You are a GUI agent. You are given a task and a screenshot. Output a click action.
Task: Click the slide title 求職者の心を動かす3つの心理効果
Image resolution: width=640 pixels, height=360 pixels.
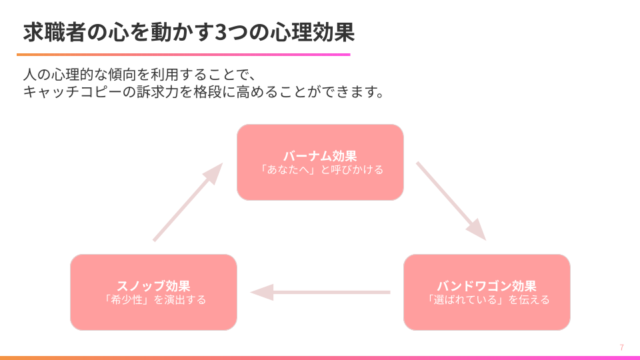point(189,32)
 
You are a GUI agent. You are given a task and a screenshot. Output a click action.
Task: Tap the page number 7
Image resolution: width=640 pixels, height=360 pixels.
point(621,347)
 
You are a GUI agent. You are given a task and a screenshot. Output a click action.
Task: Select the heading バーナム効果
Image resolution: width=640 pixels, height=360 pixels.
point(320,156)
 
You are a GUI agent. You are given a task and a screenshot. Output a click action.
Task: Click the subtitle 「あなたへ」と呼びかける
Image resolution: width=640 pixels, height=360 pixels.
point(320,170)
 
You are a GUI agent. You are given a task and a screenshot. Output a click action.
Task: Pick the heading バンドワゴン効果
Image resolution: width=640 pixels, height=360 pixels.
point(487,286)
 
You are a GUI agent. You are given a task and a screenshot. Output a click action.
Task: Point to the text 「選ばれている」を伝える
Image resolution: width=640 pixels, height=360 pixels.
point(487,300)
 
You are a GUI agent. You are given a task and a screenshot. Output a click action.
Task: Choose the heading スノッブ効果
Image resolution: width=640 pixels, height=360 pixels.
point(153,286)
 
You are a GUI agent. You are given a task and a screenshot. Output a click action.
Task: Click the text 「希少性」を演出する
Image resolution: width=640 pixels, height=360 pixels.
point(153,300)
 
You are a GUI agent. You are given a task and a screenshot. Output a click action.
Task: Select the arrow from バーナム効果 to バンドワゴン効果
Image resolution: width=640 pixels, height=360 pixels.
point(450,199)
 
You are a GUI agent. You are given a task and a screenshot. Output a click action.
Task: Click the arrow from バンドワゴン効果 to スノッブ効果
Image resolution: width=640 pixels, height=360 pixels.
point(320,292)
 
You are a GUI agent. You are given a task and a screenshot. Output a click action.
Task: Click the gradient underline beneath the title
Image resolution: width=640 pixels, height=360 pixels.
point(183,55)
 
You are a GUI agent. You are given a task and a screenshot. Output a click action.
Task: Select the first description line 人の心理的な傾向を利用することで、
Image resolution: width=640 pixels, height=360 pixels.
point(139,74)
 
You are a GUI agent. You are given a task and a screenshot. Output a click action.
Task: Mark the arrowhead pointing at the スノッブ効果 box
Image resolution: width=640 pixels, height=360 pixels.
point(261,292)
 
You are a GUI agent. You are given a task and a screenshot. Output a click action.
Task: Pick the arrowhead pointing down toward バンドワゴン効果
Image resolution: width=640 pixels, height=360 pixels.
point(477,231)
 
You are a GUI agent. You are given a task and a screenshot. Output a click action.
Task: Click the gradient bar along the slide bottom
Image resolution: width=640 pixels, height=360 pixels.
point(320,357)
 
